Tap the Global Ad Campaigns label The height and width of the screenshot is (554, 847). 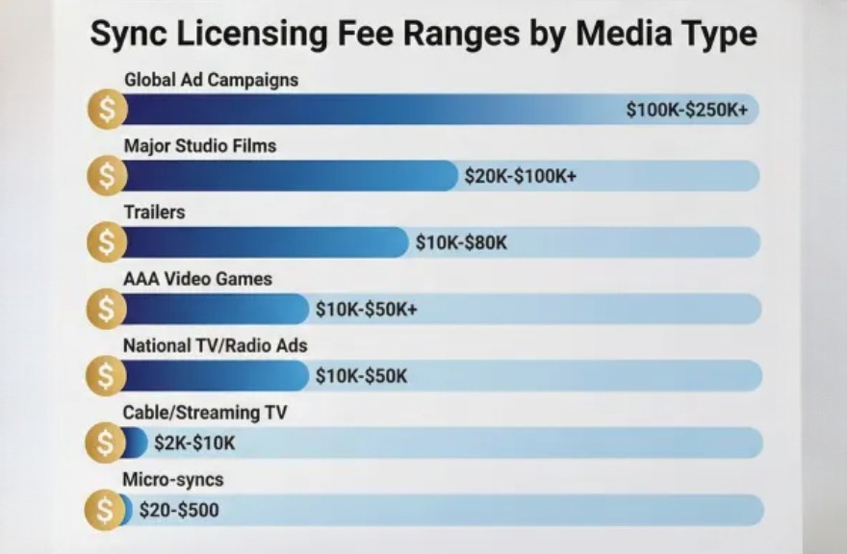211,80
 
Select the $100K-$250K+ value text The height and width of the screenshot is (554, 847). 686,110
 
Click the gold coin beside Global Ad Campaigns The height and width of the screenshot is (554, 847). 107,110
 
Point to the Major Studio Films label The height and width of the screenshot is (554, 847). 200,146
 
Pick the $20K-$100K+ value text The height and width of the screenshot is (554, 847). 520,176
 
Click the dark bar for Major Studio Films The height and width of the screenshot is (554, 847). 289,176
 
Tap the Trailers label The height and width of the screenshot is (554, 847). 154,213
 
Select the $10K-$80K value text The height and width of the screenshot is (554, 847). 461,242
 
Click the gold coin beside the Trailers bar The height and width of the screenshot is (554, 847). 107,242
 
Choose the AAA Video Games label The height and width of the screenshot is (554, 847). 197,279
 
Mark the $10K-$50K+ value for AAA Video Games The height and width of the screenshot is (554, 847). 366,310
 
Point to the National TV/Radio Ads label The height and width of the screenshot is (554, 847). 216,345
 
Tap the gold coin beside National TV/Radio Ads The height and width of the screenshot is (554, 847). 107,375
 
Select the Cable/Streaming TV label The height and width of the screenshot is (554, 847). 205,413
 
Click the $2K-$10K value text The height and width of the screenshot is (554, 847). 194,442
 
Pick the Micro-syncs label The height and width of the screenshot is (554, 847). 173,479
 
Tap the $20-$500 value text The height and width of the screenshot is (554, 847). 179,510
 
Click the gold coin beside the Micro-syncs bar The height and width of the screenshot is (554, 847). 105,510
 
